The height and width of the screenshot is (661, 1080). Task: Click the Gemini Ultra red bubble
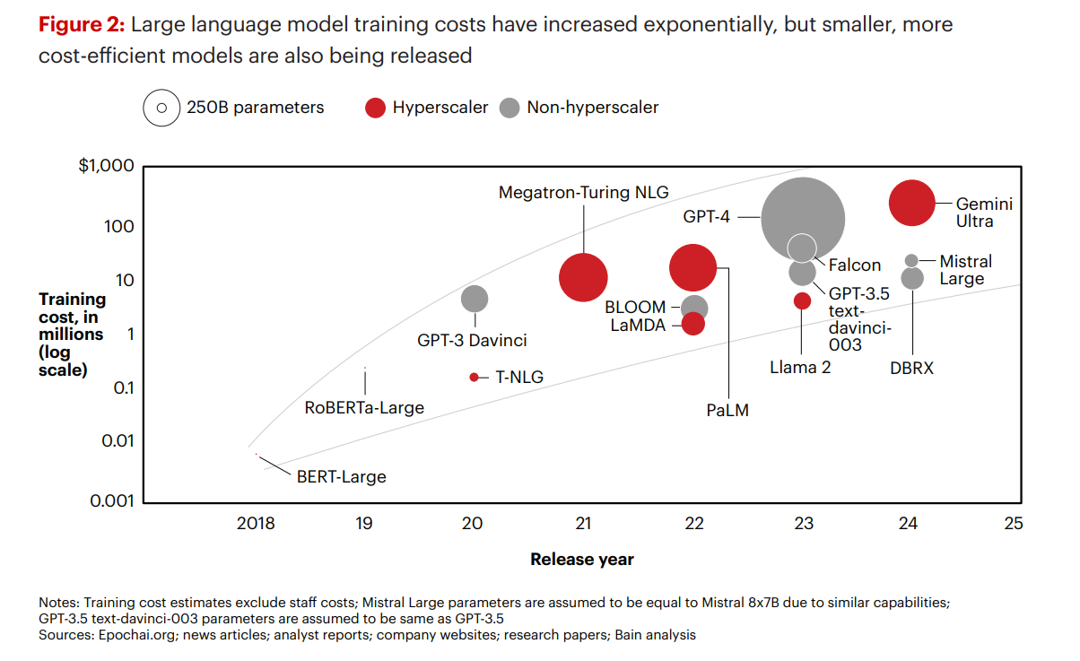(x=912, y=204)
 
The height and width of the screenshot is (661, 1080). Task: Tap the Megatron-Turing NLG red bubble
(x=584, y=277)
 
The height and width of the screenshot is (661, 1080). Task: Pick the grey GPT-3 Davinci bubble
(x=475, y=299)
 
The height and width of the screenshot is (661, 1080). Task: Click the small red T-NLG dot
(x=474, y=377)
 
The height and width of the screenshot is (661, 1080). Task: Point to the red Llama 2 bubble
(x=802, y=300)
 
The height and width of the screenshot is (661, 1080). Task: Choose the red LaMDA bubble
(x=693, y=325)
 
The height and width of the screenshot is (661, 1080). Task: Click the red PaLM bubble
(x=693, y=266)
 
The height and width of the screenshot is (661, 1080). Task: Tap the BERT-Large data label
(x=341, y=476)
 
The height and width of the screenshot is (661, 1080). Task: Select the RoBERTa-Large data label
(x=364, y=408)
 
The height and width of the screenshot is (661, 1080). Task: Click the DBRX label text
(x=912, y=368)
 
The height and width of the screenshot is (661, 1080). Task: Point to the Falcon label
(x=854, y=265)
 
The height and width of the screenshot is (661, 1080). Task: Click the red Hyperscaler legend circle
(x=375, y=109)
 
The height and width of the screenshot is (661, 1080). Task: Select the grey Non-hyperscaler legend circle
(x=510, y=109)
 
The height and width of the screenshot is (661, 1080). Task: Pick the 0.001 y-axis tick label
(x=111, y=500)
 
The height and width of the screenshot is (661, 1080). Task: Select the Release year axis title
(x=581, y=560)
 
